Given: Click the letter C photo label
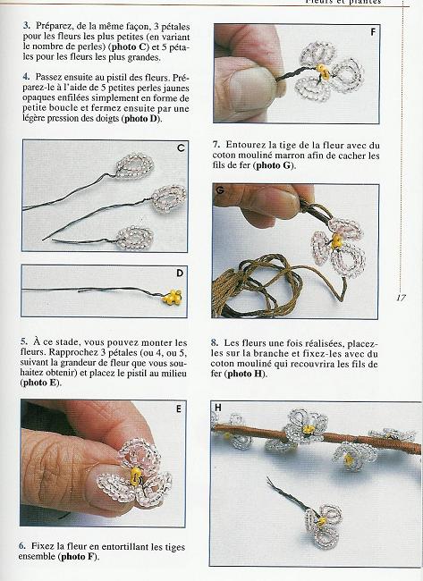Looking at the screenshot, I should pyautogui.click(x=181, y=147).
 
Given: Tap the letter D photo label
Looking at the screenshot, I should pyautogui.click(x=180, y=274).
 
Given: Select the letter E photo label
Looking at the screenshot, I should pyautogui.click(x=180, y=408).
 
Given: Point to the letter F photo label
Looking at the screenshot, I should pyautogui.click(x=371, y=32).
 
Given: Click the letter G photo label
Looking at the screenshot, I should pyautogui.click(x=220, y=191).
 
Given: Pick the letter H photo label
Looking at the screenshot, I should pyautogui.click(x=217, y=408).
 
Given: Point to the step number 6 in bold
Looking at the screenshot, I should pyautogui.click(x=22, y=544).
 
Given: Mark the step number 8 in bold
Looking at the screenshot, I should pyautogui.click(x=216, y=342).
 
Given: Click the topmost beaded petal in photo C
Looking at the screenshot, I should pyautogui.click(x=133, y=165).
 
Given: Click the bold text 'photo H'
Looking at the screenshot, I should pyautogui.click(x=241, y=374).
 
